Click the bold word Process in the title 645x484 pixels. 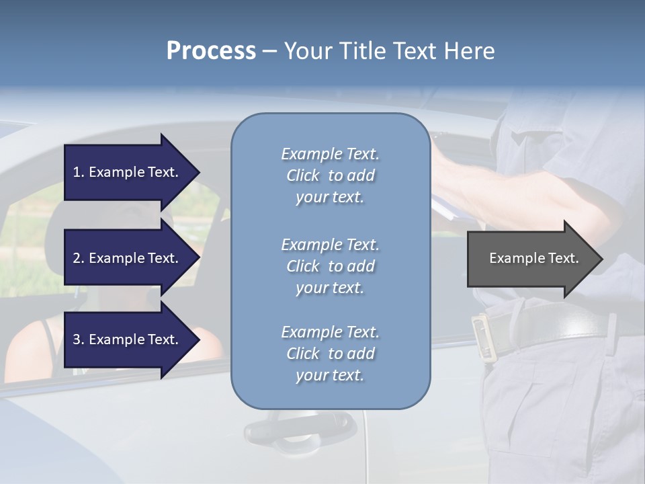[211, 51]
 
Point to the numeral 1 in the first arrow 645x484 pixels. [77, 172]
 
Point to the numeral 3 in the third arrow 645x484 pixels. [77, 339]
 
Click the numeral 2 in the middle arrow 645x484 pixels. [77, 258]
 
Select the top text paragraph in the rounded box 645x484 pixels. [330, 175]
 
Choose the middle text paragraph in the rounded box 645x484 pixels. [330, 266]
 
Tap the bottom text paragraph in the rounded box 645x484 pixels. [330, 354]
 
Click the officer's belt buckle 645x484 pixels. [483, 335]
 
